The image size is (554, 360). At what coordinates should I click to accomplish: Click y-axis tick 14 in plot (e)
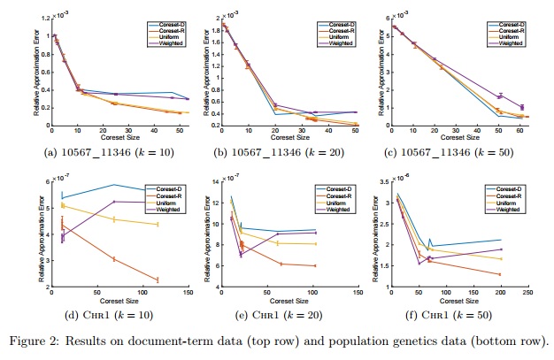click(x=216, y=182)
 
